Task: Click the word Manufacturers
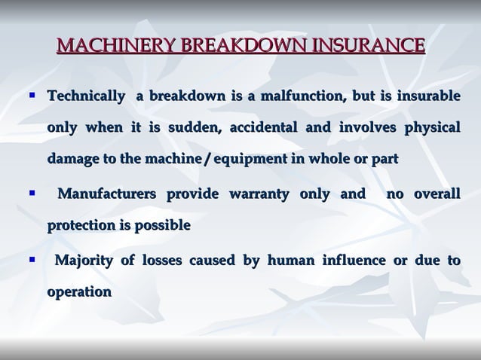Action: [x=107, y=195]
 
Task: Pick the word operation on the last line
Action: [x=79, y=291]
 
